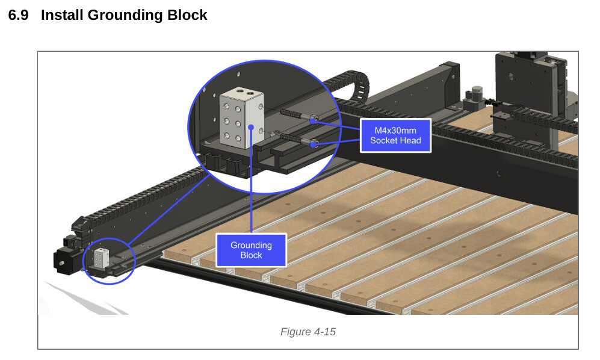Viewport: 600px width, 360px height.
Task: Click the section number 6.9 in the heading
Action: (x=18, y=16)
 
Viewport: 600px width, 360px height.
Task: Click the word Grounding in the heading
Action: (x=123, y=16)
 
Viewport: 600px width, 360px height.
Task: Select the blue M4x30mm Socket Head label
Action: (x=395, y=135)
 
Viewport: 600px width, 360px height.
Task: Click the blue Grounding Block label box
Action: (x=251, y=250)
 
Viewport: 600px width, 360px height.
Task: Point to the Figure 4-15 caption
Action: (x=308, y=332)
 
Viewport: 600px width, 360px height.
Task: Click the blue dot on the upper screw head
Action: (x=314, y=120)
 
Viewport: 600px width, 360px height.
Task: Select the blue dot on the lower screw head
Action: (x=314, y=144)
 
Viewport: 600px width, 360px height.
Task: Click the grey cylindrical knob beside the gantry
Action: (x=477, y=94)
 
